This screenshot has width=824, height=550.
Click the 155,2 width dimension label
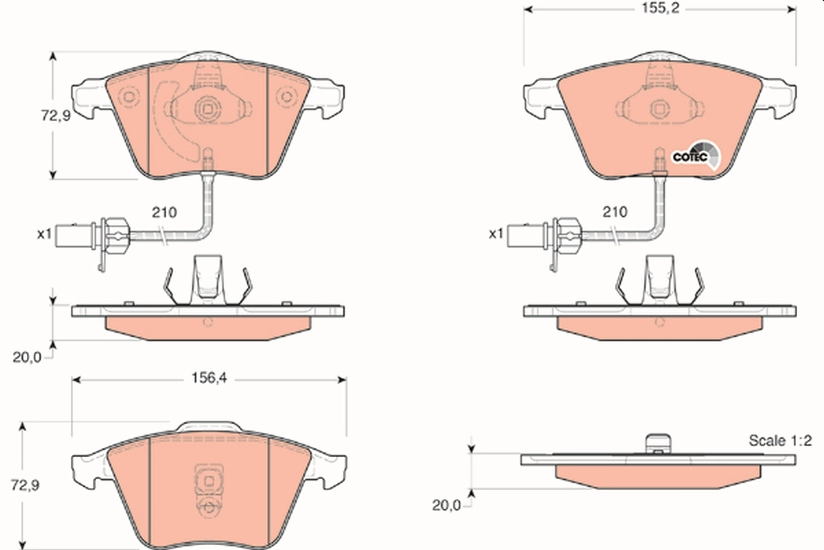point(659,10)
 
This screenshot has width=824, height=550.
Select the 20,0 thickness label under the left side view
point(27,357)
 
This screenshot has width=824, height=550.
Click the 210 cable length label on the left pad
point(164,212)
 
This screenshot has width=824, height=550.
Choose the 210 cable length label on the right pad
point(614,212)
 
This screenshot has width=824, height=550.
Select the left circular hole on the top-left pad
point(126,97)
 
